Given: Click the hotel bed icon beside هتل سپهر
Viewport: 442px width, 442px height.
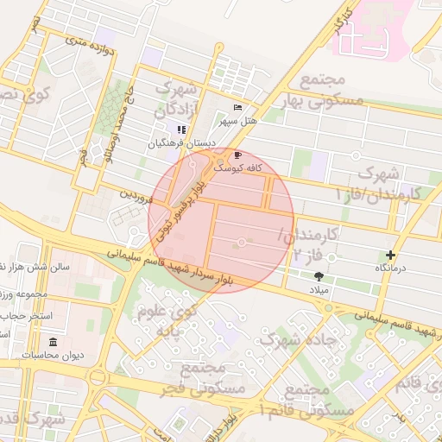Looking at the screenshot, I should pos(237,108).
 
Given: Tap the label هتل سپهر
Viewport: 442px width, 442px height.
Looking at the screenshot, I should pos(237,121).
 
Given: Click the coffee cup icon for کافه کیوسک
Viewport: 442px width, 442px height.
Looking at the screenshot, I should pos(238,155).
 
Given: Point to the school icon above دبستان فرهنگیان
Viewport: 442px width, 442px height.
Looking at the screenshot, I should pos(181,129).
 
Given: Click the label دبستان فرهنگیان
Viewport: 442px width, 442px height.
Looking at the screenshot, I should pos(180,143).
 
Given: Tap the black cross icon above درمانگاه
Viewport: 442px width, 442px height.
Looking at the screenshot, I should pos(391,255).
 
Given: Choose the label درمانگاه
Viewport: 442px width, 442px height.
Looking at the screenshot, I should pos(391,268).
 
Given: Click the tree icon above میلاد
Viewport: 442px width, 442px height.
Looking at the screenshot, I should pos(320,276).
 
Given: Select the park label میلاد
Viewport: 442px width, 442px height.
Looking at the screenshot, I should pos(320,289).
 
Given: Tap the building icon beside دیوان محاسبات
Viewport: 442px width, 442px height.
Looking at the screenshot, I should pos(54,341).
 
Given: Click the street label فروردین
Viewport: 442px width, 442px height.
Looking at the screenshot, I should pos(136,197).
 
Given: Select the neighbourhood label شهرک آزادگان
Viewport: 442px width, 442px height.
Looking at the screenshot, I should pos(177,99).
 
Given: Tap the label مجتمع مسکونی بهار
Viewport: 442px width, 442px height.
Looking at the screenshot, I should pos(324,91).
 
